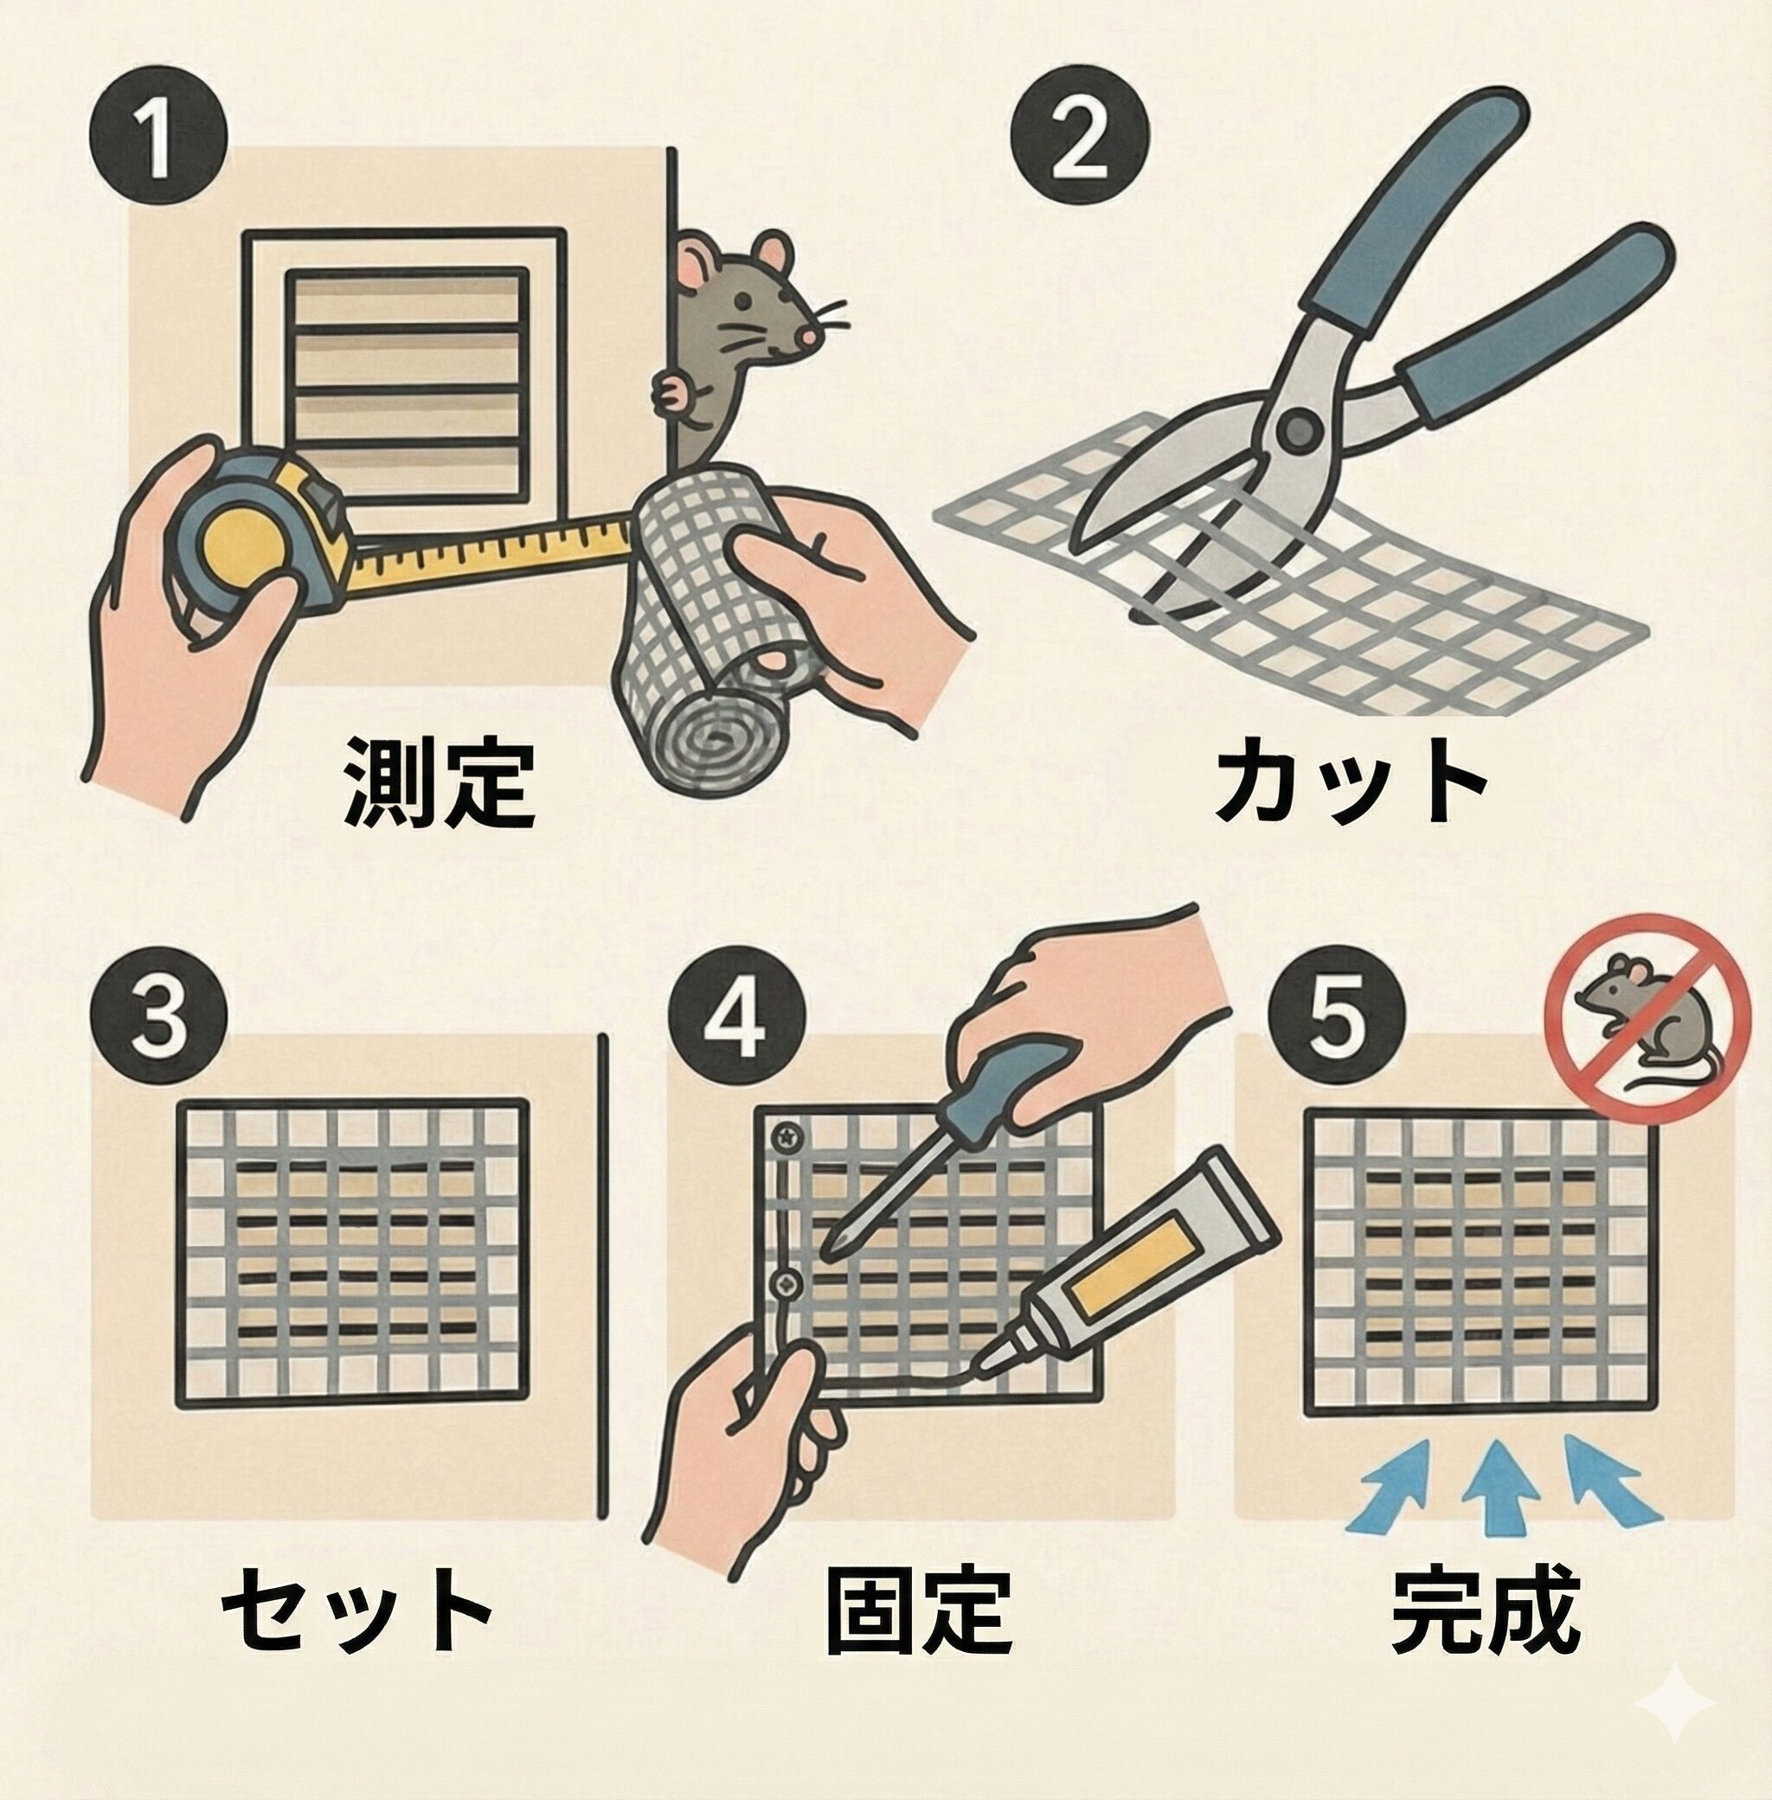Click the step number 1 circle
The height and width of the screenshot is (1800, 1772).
(x=158, y=141)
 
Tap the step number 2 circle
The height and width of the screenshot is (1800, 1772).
(x=1081, y=141)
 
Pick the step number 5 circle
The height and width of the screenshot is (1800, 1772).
(x=1332, y=1015)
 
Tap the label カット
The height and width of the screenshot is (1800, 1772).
(x=1349, y=781)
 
